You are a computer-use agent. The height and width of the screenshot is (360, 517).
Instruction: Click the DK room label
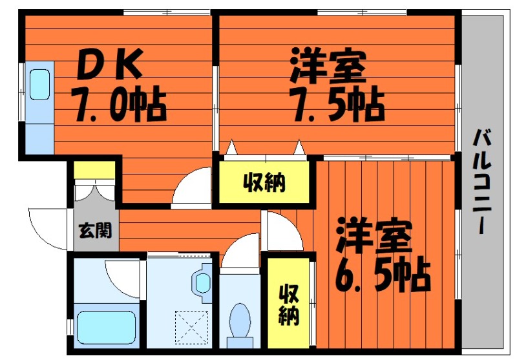click(110, 63)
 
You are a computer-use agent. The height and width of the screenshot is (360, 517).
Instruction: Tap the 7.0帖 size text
click(120, 104)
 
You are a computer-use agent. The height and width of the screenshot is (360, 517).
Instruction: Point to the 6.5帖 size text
click(383, 275)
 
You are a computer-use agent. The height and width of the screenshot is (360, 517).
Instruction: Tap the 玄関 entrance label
click(95, 231)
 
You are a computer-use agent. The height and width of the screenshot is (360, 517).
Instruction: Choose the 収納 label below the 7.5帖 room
click(264, 183)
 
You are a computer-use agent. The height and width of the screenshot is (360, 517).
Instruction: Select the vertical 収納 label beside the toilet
click(289, 305)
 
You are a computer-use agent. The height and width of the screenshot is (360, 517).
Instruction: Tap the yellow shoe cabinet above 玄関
click(94, 170)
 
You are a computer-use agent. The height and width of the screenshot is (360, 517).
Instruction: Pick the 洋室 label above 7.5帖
click(328, 66)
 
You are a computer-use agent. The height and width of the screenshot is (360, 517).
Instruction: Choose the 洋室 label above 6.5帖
click(374, 236)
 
